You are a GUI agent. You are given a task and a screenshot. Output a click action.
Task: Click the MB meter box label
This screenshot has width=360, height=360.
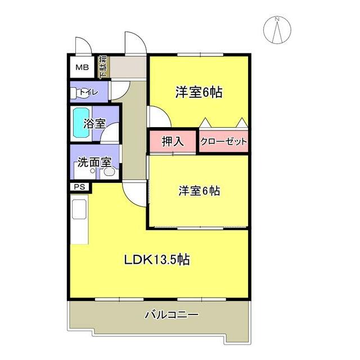(x=82, y=67)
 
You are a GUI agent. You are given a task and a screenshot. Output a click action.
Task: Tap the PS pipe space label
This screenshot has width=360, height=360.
(x=79, y=187)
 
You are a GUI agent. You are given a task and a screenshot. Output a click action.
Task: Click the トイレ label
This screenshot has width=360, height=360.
(x=89, y=92)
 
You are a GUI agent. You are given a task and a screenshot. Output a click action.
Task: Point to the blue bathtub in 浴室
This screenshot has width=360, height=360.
(x=81, y=123)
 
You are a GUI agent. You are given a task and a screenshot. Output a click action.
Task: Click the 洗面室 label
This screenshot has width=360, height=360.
(x=94, y=163)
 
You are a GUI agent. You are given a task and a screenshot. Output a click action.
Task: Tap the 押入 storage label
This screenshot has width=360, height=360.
(x=173, y=141)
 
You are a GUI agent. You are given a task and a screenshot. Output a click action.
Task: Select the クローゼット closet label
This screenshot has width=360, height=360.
(x=224, y=141)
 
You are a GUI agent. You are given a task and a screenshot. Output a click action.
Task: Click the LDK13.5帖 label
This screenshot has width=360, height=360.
(x=157, y=260)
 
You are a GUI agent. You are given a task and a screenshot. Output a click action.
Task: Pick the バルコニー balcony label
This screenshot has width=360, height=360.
(x=171, y=314)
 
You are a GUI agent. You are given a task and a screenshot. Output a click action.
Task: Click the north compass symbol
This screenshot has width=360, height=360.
(x=277, y=30)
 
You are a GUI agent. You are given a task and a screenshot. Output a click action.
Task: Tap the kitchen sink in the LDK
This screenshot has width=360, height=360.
(x=79, y=209)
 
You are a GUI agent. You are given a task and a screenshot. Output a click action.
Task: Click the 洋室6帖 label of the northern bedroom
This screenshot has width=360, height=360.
(x=199, y=92)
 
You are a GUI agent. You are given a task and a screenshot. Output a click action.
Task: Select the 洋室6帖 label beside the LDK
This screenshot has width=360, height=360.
(x=199, y=191)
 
